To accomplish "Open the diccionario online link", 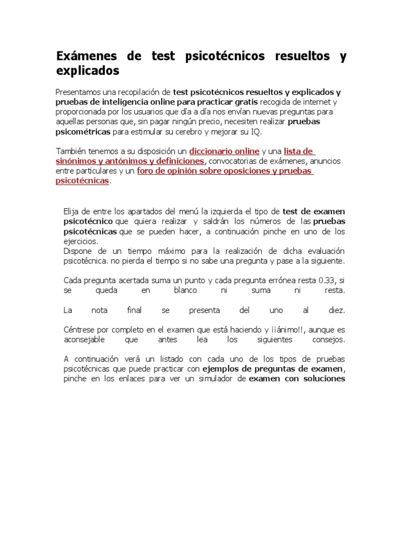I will (224, 151).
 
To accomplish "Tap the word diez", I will (336, 310).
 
